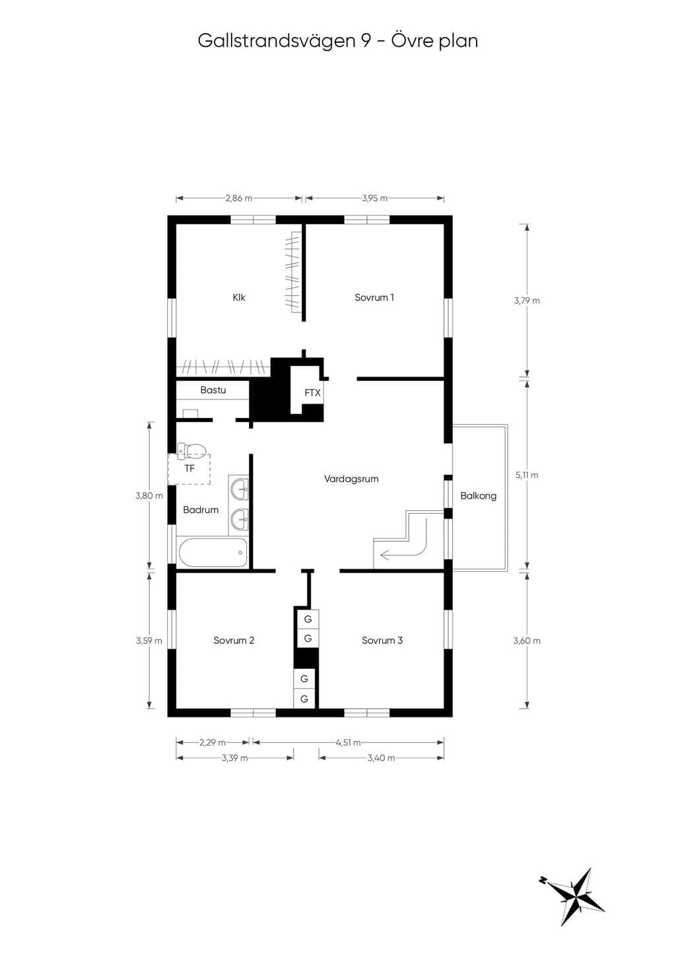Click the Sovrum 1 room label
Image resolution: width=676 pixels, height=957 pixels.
point(374,297)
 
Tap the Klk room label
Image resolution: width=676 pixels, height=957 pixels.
point(239,297)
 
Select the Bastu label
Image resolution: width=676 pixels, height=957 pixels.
point(213,390)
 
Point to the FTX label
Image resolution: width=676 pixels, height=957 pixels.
point(312,393)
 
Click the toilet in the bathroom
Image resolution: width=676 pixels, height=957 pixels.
point(191,450)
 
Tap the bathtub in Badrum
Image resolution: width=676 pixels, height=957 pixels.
point(212,552)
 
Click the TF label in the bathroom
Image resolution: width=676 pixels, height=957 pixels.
point(189,469)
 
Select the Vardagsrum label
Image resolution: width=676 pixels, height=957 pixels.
point(351,479)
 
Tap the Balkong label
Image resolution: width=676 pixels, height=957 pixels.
point(478,495)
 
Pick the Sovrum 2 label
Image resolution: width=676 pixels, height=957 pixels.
point(234,641)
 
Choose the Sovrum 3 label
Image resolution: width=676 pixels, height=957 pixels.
point(382,641)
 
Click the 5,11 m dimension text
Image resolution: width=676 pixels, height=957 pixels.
point(527,475)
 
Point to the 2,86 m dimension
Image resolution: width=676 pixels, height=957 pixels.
point(239,198)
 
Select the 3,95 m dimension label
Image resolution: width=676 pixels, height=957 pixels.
point(374,198)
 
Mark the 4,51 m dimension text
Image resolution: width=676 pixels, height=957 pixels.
point(348,742)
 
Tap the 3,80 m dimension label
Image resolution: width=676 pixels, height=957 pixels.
point(149,496)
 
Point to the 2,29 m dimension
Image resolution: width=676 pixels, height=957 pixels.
point(212,742)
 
